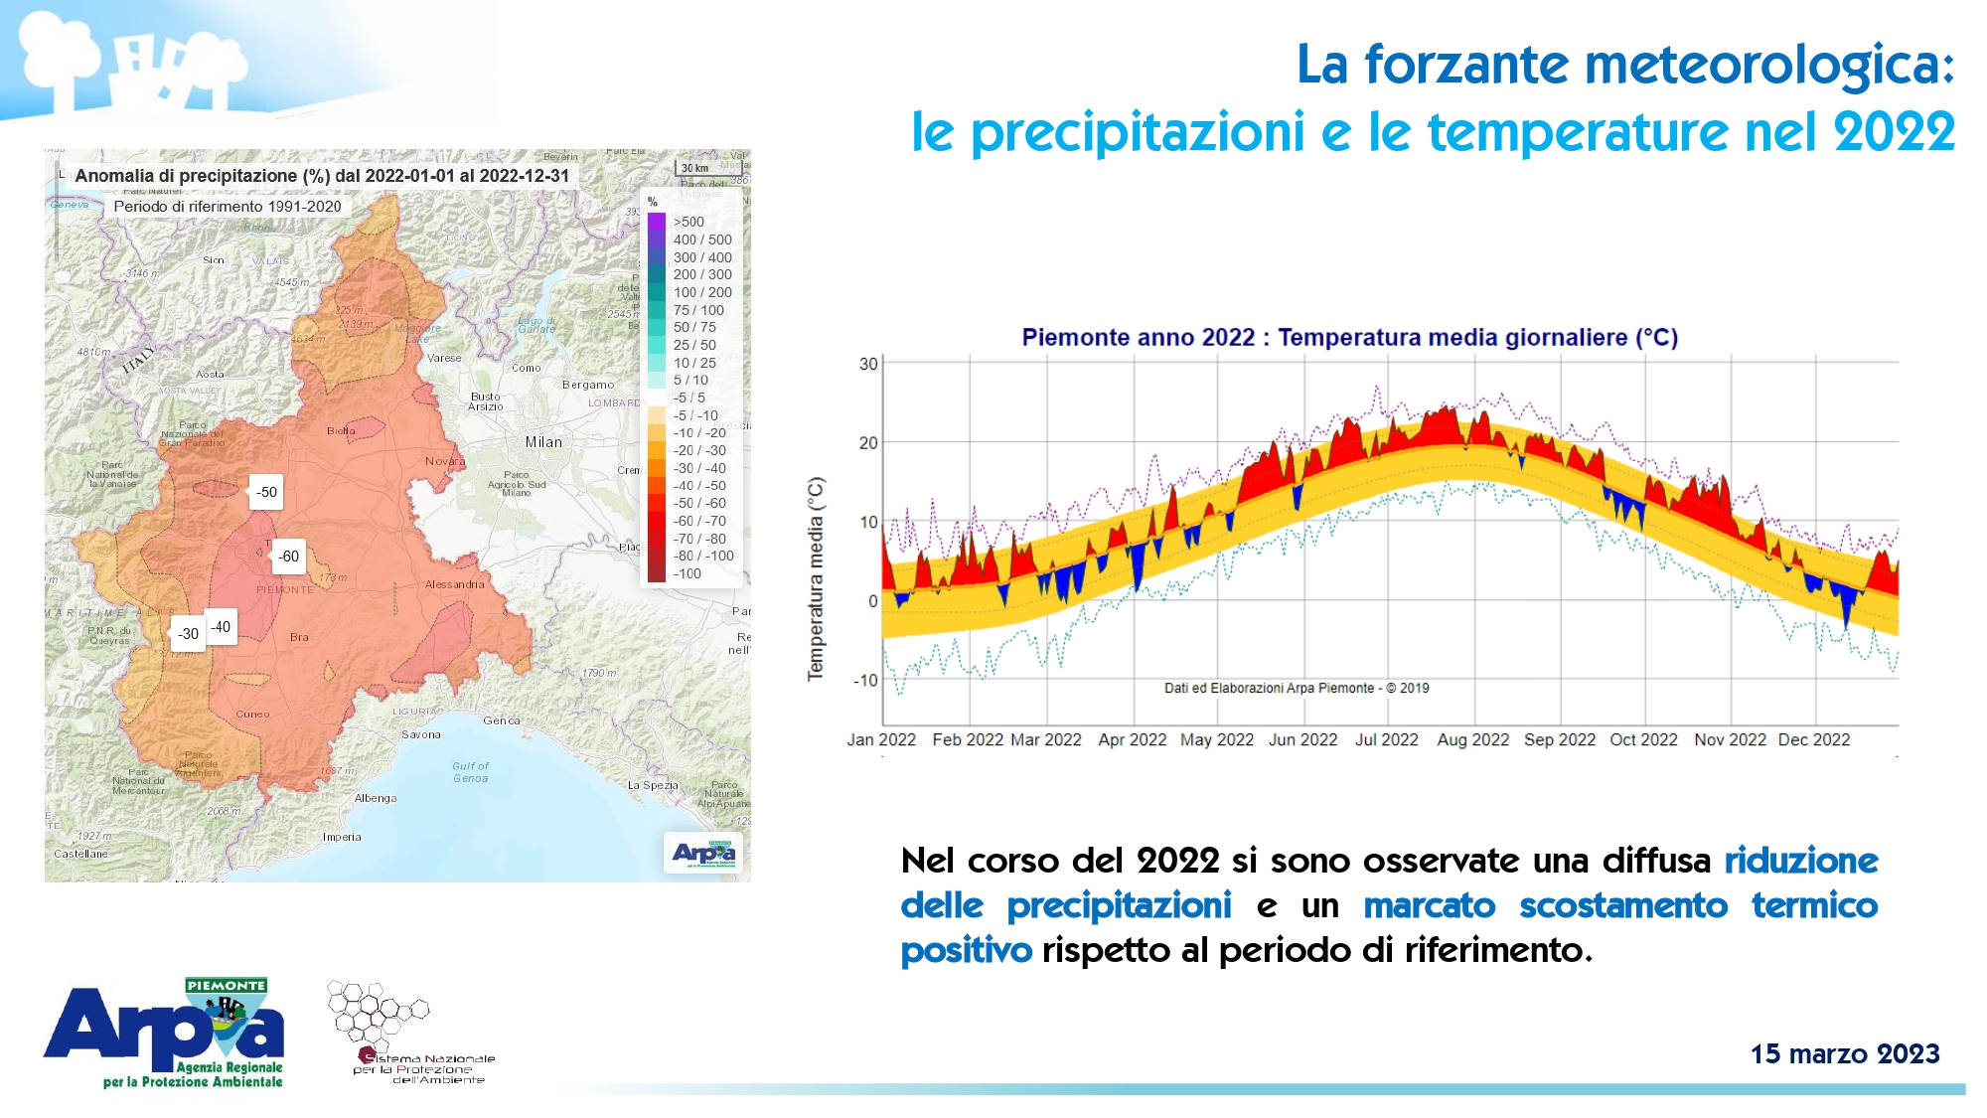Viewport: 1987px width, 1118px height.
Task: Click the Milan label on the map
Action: coord(543,442)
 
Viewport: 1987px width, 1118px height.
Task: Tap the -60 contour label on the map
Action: coord(288,557)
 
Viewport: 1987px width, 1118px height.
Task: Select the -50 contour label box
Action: coord(266,492)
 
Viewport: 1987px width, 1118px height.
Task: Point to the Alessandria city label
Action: coord(454,584)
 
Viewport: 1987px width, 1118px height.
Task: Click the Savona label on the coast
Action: coord(421,734)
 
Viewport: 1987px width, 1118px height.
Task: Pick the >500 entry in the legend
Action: coord(688,222)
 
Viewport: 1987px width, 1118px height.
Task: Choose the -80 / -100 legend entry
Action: coord(703,556)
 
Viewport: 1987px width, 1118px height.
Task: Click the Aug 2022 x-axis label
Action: coord(1472,739)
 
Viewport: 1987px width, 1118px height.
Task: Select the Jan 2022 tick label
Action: coord(881,739)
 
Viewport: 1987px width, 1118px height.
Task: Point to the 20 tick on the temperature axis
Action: coord(868,442)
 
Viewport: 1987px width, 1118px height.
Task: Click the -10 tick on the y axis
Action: coord(865,680)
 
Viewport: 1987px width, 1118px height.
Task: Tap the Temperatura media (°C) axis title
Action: coord(816,578)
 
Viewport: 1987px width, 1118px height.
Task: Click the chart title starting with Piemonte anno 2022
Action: coord(1349,338)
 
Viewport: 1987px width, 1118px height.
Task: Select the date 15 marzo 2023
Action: coord(1844,1053)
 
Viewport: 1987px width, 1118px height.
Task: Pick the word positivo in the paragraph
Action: coord(966,950)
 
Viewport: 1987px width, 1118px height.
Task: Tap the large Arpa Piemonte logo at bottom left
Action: coord(165,1034)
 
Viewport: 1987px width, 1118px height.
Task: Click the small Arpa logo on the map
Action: coord(703,853)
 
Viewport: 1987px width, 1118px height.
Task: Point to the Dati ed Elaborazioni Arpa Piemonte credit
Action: coord(1296,688)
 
